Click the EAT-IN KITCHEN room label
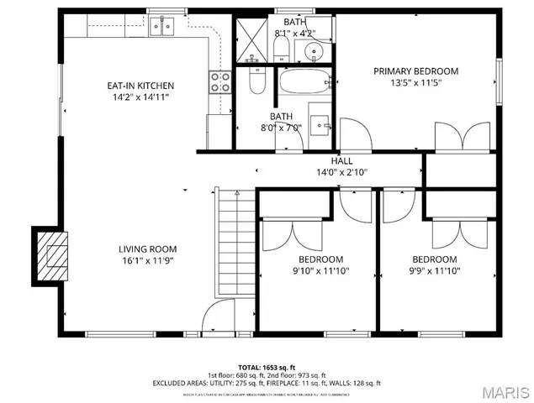pyautogui.click(x=140, y=86)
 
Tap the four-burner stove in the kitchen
pyautogui.click(x=219, y=81)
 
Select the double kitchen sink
pyautogui.click(x=161, y=26)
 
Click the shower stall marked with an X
pyautogui.click(x=250, y=39)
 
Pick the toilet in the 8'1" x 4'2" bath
pyautogui.click(x=283, y=47)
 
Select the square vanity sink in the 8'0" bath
pyautogui.click(x=320, y=124)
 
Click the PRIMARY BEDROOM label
pyautogui.click(x=415, y=71)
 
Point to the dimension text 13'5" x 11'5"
pyautogui.click(x=415, y=83)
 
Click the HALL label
pyautogui.click(x=341, y=161)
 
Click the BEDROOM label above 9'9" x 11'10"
pyautogui.click(x=434, y=259)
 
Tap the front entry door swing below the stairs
pyautogui.click(x=215, y=320)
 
